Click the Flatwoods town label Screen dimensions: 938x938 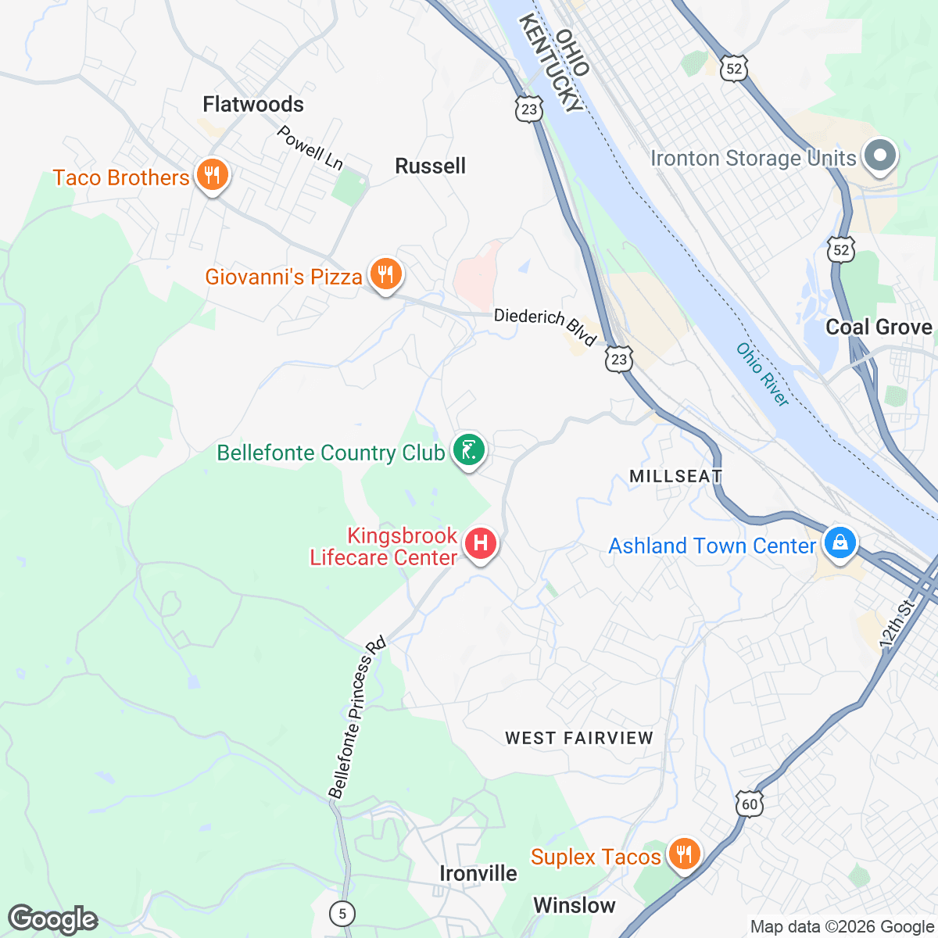pyautogui.click(x=253, y=104)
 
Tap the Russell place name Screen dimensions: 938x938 pyautogui.click(x=430, y=166)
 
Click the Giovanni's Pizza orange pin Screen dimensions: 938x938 pyautogui.click(x=385, y=274)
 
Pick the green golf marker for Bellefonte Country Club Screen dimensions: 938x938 pyautogui.click(x=468, y=451)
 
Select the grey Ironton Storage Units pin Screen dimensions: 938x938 pyautogui.click(x=880, y=155)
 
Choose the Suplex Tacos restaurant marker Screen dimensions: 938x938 pyautogui.click(x=684, y=853)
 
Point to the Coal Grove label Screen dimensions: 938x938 pyautogui.click(x=879, y=327)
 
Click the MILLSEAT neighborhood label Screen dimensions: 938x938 pyautogui.click(x=675, y=476)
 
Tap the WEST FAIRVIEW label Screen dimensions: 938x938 pyautogui.click(x=578, y=738)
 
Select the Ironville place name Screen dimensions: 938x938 pyautogui.click(x=478, y=873)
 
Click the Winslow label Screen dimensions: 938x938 pyautogui.click(x=575, y=905)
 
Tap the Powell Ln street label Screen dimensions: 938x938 pyautogui.click(x=310, y=147)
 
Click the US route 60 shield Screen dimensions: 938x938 pyautogui.click(x=749, y=804)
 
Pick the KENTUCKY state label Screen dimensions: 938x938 pyautogui.click(x=551, y=63)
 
